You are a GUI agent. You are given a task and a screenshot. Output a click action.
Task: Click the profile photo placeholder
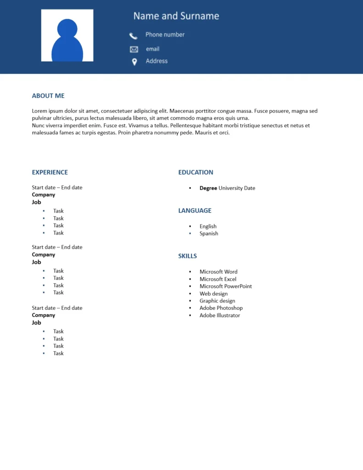coord(67,35)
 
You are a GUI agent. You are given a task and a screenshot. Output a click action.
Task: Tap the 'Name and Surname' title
coord(176,16)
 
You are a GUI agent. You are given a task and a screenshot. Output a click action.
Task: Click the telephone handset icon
coord(134,36)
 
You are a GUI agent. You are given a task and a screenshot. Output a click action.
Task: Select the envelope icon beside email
coord(134,50)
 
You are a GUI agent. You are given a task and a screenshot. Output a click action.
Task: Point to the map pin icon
coord(134,62)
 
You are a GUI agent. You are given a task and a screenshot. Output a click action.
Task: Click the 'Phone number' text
coord(165,34)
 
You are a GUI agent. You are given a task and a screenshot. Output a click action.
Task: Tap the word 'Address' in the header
coord(156,61)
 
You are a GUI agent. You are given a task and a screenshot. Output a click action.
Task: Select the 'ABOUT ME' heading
coord(48,96)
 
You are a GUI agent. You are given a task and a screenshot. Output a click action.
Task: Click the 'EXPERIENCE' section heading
coord(50,173)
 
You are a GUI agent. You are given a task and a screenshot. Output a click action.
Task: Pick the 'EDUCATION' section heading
coord(195,173)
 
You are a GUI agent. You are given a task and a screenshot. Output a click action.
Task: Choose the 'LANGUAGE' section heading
coord(195,211)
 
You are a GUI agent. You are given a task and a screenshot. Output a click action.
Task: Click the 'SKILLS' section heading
coord(187,256)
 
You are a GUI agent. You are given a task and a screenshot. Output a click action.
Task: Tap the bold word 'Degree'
coord(208,188)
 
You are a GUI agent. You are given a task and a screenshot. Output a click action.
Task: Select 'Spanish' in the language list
coord(209,234)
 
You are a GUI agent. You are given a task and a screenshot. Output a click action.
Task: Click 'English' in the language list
coord(208,226)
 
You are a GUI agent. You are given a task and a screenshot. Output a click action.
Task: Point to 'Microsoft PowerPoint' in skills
coord(225,286)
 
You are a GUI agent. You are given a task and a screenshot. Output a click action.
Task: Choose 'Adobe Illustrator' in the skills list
coord(219,315)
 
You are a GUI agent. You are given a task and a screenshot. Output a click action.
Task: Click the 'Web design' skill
coord(213,294)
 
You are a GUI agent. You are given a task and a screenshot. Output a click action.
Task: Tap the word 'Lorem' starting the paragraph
coord(40,111)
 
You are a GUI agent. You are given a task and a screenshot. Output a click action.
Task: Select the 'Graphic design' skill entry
coord(217,301)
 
